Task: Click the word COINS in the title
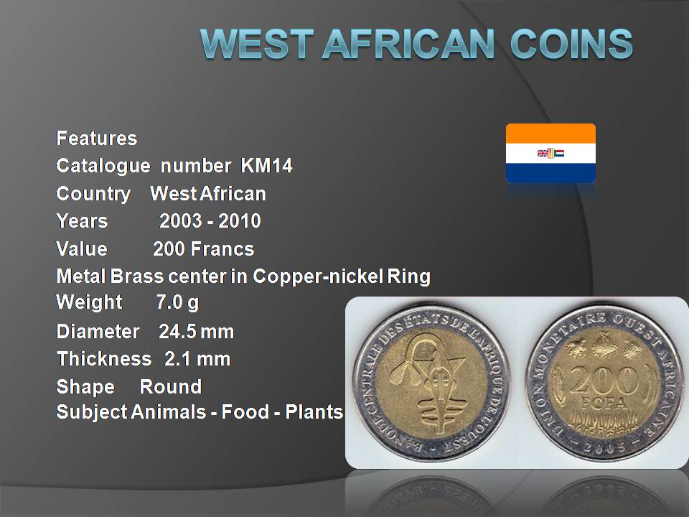click(571, 44)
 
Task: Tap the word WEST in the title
click(257, 44)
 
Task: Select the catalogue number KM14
click(267, 166)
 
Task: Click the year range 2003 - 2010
click(210, 220)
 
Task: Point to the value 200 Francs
click(203, 249)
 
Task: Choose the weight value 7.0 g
click(177, 303)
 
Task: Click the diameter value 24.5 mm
click(197, 332)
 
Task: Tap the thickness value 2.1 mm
click(197, 359)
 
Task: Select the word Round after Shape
click(171, 387)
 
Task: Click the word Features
click(97, 139)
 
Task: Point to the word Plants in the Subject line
click(314, 412)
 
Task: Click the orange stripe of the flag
click(550, 134)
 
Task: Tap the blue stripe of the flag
click(550, 173)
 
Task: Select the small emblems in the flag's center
click(550, 153)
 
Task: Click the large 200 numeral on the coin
click(604, 380)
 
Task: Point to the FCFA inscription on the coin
click(604, 404)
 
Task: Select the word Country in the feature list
click(93, 194)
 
